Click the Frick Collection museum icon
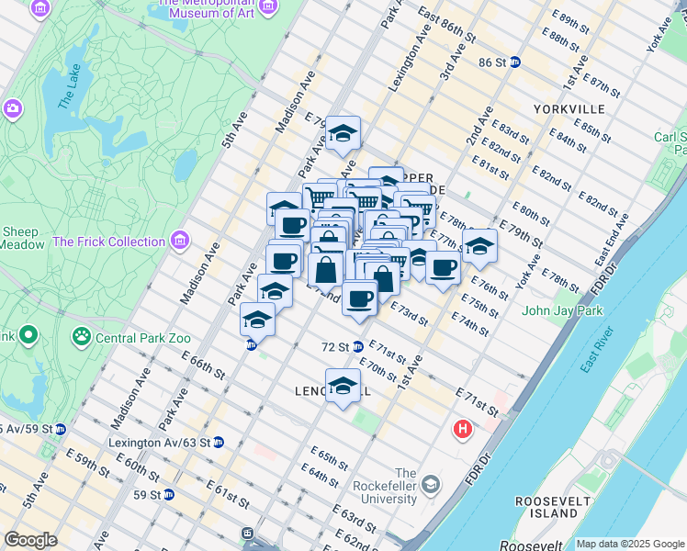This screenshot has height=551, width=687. (x=179, y=242)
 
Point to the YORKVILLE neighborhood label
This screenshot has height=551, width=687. (x=568, y=108)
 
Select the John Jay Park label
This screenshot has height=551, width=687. (x=562, y=310)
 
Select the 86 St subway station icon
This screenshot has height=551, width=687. (x=514, y=62)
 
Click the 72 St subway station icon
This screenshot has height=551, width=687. (x=358, y=347)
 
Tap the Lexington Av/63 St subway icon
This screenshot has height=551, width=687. (x=218, y=442)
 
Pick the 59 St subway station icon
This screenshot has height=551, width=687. (x=169, y=494)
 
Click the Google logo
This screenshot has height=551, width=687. (x=31, y=540)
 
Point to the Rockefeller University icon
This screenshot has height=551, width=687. (x=430, y=483)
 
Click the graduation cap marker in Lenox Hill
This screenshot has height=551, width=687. (x=343, y=387)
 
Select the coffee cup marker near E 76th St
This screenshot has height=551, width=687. (x=443, y=268)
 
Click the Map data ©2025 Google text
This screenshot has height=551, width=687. (x=630, y=544)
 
